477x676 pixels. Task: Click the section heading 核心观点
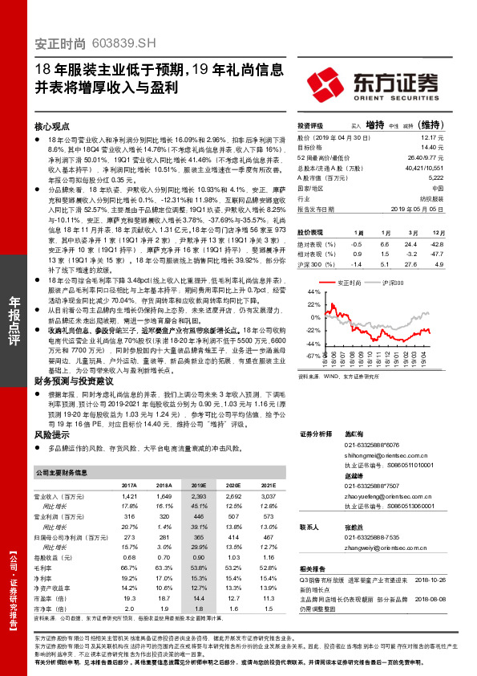(54, 127)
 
